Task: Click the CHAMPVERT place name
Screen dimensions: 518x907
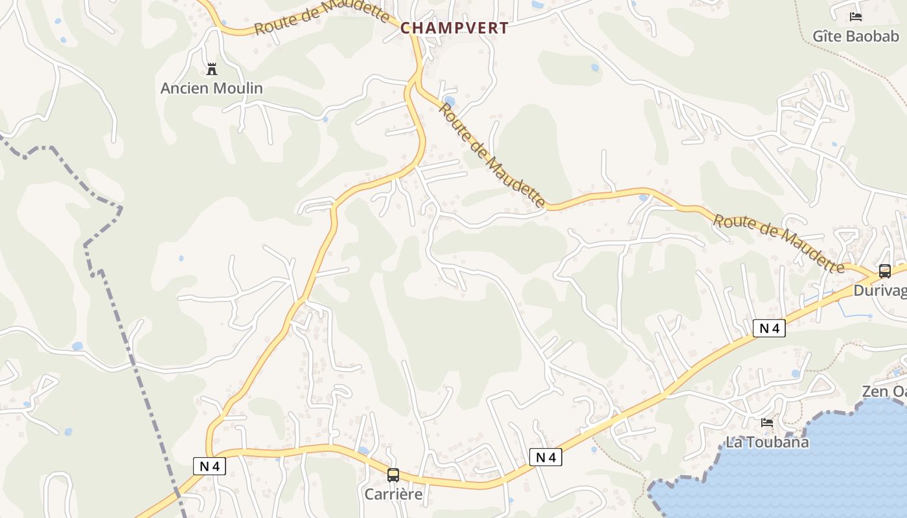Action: coord(454,28)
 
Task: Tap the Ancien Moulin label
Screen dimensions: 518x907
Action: coord(212,88)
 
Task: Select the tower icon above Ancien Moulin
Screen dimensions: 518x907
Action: coord(211,69)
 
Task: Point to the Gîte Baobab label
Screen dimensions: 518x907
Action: coord(856,36)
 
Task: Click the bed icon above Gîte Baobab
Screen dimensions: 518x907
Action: coord(856,17)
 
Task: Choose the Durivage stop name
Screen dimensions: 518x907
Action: coord(880,291)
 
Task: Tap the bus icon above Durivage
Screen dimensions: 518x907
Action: coord(884,271)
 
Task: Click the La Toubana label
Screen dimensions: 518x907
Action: coord(767,442)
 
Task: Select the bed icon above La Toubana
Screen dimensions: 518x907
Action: coord(768,423)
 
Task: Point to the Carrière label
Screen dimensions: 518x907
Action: coord(393,494)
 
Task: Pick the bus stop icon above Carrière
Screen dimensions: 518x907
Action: coord(393,475)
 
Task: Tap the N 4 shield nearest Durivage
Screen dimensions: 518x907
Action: coord(769,328)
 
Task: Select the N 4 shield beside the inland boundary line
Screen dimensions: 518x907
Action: coord(209,466)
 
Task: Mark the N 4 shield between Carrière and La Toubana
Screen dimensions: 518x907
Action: coord(545,457)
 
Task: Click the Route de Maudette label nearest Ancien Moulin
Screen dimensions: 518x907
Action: coord(321,17)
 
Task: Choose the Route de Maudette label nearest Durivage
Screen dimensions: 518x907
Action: coord(778,243)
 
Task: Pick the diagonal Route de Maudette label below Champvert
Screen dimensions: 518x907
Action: coord(492,155)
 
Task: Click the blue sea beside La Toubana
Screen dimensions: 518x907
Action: coord(842,466)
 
